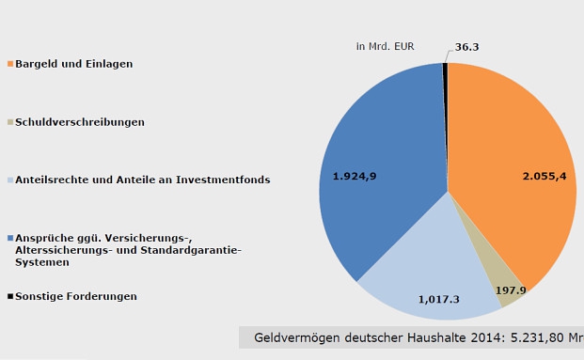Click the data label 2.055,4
tap(545, 176)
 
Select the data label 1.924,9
tap(355, 176)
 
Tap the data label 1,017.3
tap(439, 299)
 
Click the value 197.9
tap(511, 291)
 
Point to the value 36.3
tap(467, 46)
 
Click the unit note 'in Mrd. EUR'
tap(385, 46)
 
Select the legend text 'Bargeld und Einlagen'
tap(74, 64)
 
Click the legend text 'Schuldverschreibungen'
tap(80, 122)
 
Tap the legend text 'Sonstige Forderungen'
tap(76, 296)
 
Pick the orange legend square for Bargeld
tap(10, 64)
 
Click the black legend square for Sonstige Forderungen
tap(10, 296)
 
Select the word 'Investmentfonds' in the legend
tap(223, 180)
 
